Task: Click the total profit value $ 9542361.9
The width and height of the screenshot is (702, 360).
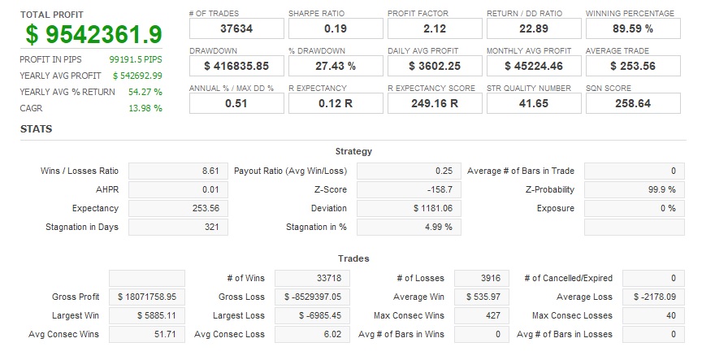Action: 93,35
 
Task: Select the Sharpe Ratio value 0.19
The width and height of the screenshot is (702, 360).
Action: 336,28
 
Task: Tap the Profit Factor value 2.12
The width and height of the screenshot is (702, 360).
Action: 435,28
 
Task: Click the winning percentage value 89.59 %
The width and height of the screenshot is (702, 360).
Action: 633,28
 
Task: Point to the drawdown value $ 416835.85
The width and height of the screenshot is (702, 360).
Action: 236,66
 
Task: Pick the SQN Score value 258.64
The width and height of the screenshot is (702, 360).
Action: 633,103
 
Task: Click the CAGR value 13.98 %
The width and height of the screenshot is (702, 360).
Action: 146,108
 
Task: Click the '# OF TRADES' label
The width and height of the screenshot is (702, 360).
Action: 213,13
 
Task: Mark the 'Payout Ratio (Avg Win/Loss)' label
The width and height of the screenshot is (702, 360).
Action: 290,171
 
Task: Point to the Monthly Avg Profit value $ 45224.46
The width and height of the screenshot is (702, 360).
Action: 534,66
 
